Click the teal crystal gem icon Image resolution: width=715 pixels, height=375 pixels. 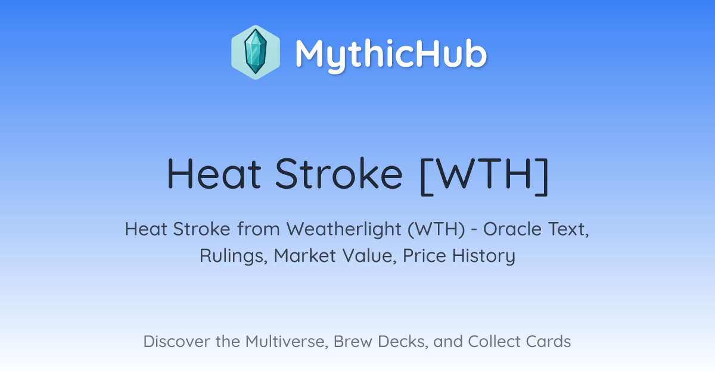pos(256,52)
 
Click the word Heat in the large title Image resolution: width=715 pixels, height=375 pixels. pos(214,174)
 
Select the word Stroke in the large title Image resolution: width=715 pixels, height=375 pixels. pos(338,174)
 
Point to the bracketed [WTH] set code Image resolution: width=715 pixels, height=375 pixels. pos(484,176)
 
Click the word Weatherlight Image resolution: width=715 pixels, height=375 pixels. pos(344,229)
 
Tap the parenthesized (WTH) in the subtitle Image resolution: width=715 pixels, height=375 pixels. pos(436,229)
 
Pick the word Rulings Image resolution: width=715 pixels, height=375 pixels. pos(234,256)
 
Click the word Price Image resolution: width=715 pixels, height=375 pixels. pos(424,255)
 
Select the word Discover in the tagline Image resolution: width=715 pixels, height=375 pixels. pos(177,341)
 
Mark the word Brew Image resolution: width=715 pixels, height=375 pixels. pos(353,341)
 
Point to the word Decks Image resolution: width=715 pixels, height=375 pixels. pos(403,342)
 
